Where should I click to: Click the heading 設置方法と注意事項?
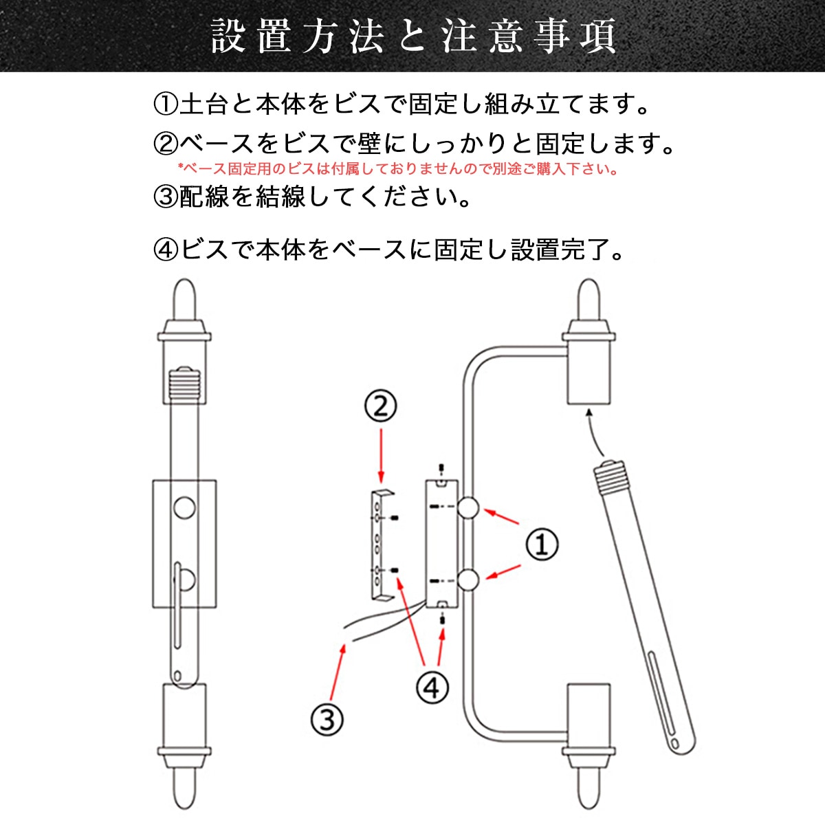point(412,36)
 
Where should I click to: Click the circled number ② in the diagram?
point(380,407)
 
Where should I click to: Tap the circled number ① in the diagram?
point(542,544)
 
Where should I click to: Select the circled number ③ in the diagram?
point(327,720)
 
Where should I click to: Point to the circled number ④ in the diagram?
point(432,687)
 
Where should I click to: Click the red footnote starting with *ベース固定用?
point(397,168)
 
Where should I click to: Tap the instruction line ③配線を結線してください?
point(313,197)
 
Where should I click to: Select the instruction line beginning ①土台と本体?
point(401,104)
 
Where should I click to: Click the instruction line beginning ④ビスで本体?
point(388,250)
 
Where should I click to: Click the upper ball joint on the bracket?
point(468,508)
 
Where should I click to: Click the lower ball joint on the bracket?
point(468,580)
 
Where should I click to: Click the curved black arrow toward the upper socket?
point(595,432)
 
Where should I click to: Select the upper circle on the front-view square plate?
point(185,508)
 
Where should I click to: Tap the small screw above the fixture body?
point(441,469)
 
